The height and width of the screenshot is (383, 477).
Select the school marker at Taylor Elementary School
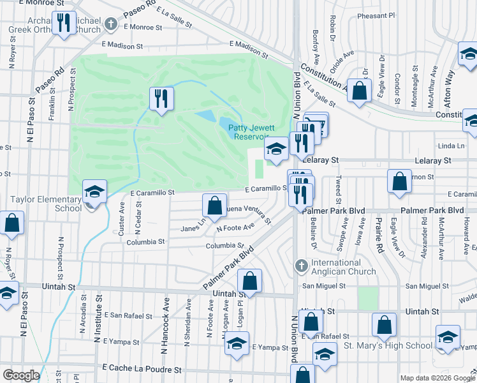94,191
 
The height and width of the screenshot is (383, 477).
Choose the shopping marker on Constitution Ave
360,91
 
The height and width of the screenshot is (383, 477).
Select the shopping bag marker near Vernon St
399,181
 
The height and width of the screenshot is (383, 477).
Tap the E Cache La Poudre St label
142,370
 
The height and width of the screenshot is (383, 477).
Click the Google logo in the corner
21,375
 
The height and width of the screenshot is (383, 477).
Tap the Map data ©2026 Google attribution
437,378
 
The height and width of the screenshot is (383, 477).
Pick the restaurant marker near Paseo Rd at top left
63,23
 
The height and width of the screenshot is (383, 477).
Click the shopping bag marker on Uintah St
249,281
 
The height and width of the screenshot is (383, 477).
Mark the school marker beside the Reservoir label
275,151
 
